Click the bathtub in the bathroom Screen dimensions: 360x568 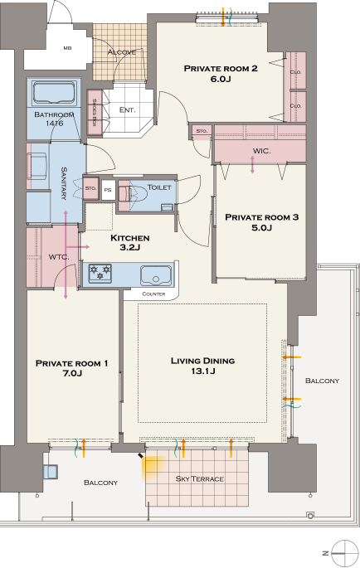point(55,93)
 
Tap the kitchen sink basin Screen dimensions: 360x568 point(156,275)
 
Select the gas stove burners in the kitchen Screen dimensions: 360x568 point(100,273)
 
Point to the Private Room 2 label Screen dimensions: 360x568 point(221,69)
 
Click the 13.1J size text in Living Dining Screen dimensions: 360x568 point(203,371)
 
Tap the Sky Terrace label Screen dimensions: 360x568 point(199,479)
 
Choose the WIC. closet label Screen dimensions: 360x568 point(261,151)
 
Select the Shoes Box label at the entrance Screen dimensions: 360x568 point(95,112)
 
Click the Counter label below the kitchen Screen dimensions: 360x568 point(153,294)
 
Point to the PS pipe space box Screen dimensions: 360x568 point(108,190)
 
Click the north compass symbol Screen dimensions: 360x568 point(344,553)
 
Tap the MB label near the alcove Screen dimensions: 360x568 point(67,48)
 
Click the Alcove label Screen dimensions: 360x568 point(122,52)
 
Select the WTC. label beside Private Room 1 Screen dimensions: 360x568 point(59,257)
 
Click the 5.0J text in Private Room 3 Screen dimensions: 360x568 point(262,228)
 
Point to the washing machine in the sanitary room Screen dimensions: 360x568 point(37,166)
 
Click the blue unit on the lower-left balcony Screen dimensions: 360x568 point(50,472)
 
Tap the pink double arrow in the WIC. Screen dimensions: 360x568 point(253,164)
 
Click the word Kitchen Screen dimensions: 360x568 point(129,238)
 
